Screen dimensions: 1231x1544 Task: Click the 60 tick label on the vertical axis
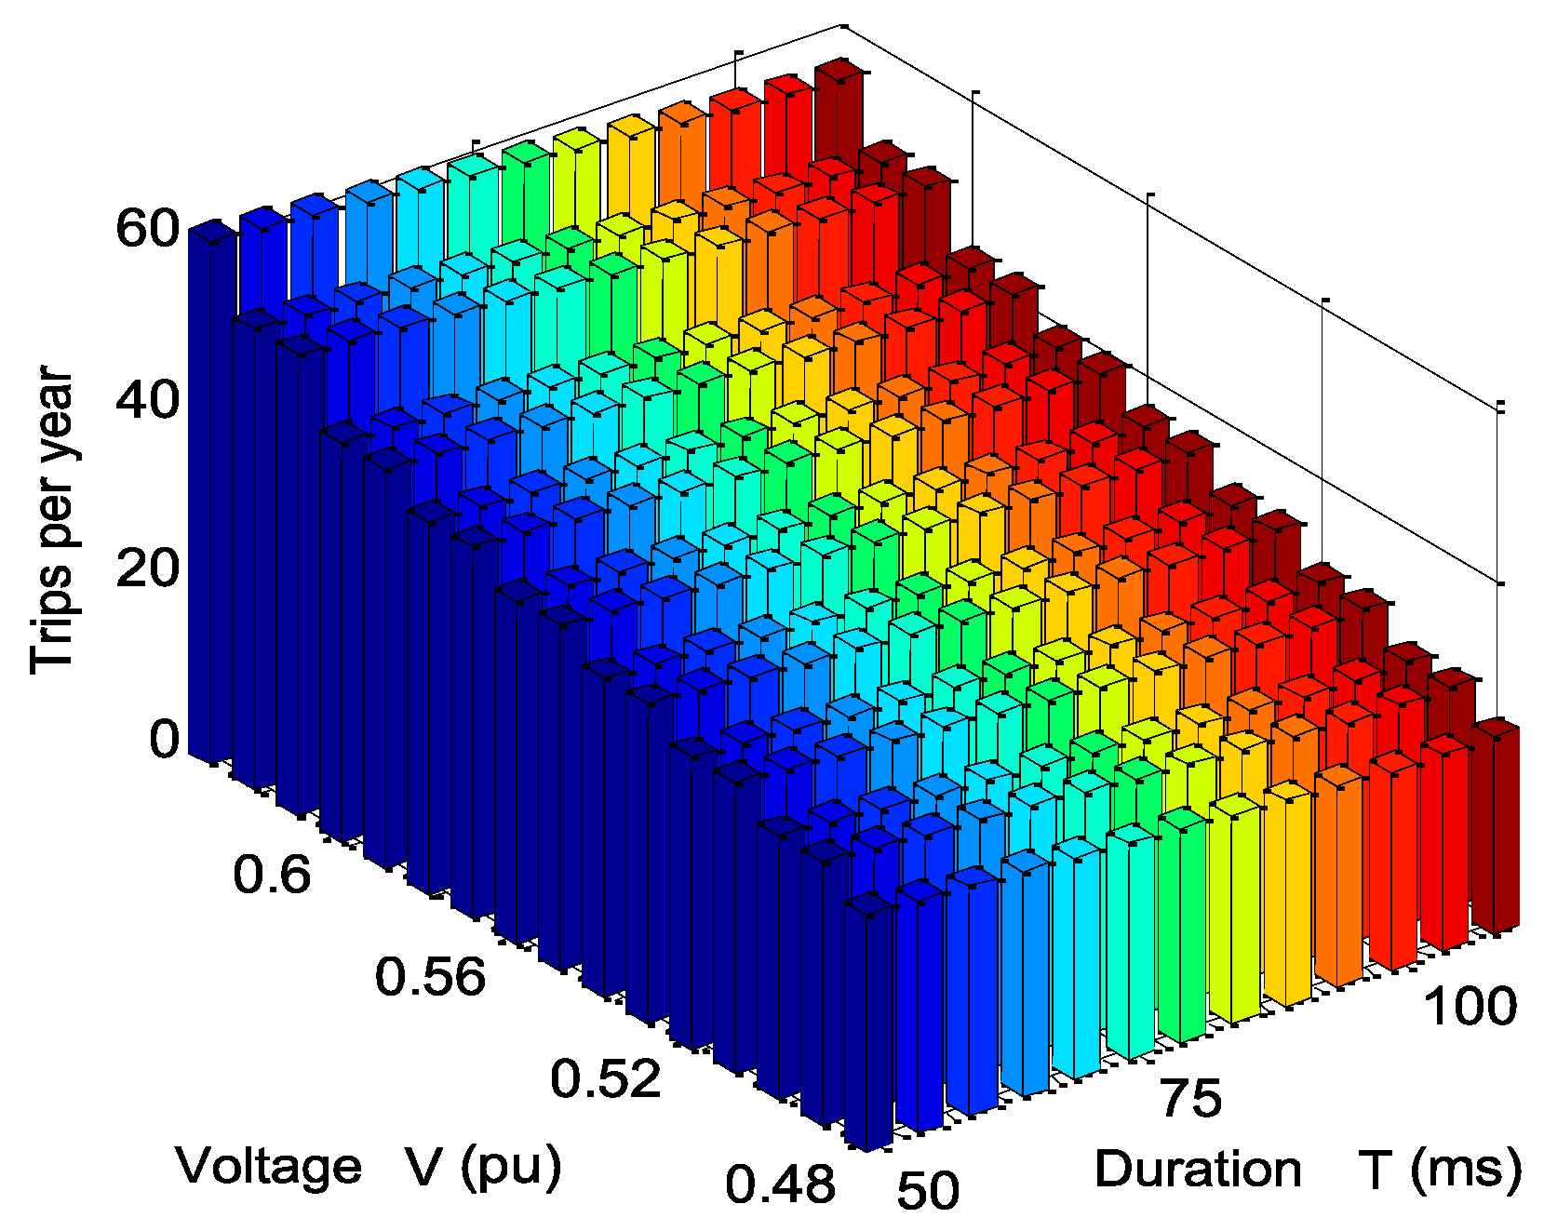coord(146,228)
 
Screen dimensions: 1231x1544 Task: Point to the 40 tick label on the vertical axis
coord(146,401)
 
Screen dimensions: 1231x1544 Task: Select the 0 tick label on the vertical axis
coord(164,740)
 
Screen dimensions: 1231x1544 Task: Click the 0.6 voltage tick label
coord(272,876)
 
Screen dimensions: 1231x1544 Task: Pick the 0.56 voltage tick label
coord(430,977)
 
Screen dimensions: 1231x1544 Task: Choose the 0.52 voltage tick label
coord(605,1079)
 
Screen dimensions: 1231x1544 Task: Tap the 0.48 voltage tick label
coord(780,1184)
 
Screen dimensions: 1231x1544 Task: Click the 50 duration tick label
coord(928,1190)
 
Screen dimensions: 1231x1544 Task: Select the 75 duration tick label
coord(1190,1098)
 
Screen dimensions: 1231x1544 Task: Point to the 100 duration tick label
coord(1470,1007)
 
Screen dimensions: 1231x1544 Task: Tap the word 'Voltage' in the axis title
coord(269,1166)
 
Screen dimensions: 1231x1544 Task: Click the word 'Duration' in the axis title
coord(1197,1169)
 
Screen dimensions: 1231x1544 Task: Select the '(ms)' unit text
coord(1466,1169)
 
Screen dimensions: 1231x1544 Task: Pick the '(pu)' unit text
coord(511,1166)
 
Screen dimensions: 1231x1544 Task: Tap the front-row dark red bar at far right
coord(1496,828)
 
